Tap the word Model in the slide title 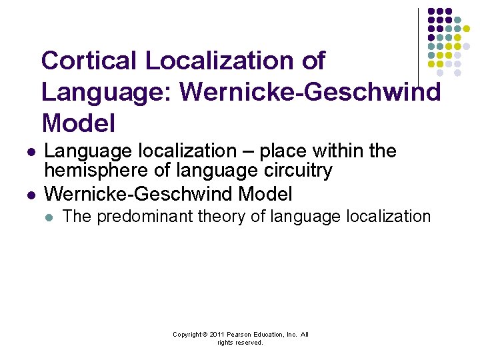(78, 123)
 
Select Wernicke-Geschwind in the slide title (311, 92)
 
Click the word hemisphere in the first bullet (97, 171)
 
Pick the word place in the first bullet (280, 151)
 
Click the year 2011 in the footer (216, 335)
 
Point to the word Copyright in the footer (188, 335)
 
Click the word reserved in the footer (250, 343)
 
